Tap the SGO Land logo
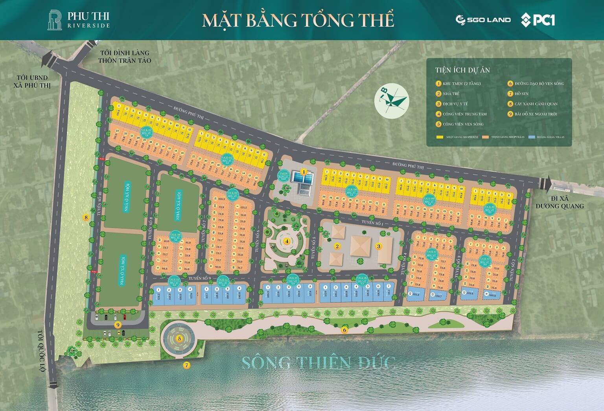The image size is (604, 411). click(483, 19)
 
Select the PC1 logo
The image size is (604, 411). click(538, 19)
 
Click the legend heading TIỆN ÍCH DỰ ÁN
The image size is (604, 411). click(462, 70)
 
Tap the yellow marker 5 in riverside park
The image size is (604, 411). click(179, 338)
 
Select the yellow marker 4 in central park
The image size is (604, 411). click(287, 241)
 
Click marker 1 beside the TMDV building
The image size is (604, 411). click(304, 172)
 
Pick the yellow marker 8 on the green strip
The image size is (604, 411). click(86, 217)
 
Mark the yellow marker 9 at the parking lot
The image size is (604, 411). click(117, 325)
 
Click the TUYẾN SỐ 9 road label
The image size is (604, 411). click(200, 278)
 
